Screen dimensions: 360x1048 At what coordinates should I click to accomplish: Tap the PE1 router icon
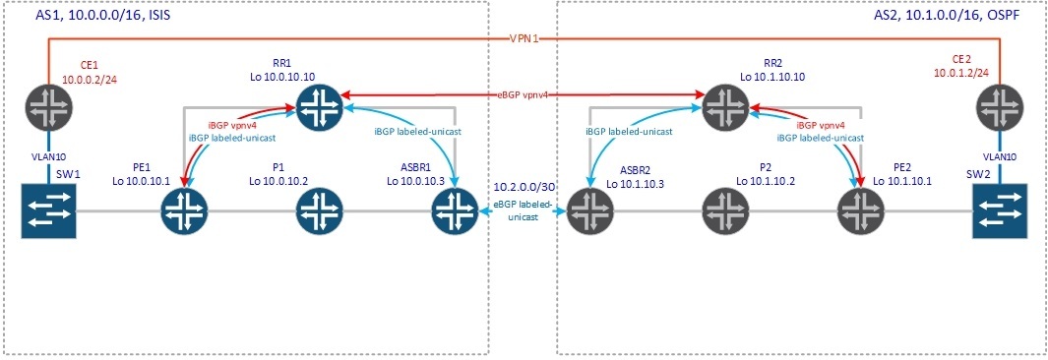(183, 210)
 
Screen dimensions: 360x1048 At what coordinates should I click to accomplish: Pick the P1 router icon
(317, 210)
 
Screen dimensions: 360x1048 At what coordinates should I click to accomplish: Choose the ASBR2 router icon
(588, 210)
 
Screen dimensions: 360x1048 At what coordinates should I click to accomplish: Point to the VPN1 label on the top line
(524, 38)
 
